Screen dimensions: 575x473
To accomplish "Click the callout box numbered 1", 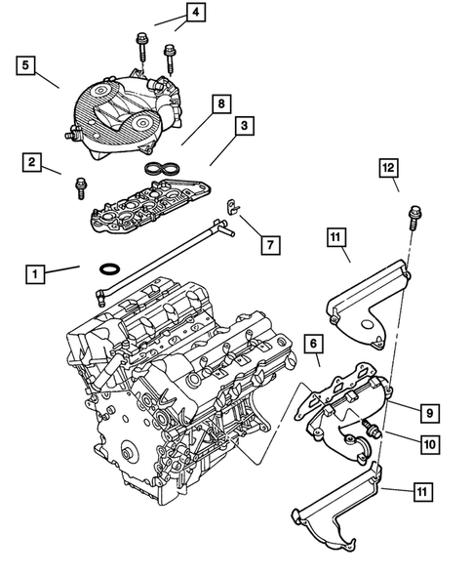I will coord(35,275).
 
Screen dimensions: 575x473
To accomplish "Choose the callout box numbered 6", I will coord(312,345).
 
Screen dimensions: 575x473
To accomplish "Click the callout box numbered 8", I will coord(220,103).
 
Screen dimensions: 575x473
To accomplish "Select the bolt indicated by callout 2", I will coord(79,182).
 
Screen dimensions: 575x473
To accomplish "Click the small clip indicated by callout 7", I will coord(232,206).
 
